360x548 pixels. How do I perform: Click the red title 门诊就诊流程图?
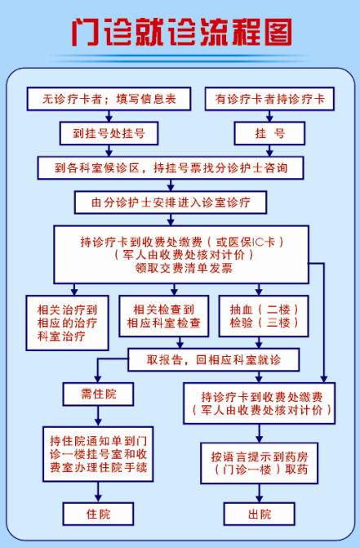pyautogui.click(x=182, y=32)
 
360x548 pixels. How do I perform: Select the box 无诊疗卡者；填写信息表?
pyautogui.click(x=109, y=99)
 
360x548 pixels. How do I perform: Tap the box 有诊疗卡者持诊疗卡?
pyautogui.click(x=269, y=99)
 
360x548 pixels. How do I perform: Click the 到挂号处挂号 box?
pyautogui.click(x=109, y=133)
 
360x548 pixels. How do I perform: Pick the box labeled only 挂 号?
pyautogui.click(x=269, y=133)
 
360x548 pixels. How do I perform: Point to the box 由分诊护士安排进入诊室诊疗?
pyautogui.click(x=171, y=203)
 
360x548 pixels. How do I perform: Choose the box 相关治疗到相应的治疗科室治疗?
pyautogui.click(x=68, y=323)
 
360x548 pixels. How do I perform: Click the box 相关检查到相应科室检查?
pyautogui.click(x=164, y=316)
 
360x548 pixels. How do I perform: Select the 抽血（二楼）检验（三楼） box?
pyautogui.click(x=264, y=316)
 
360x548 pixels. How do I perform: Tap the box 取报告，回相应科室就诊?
pyautogui.click(x=214, y=359)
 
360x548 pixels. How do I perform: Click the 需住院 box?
pyautogui.click(x=98, y=394)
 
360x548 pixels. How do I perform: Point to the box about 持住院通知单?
pyautogui.click(x=98, y=454)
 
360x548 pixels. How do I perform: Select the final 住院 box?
pyautogui.click(x=98, y=514)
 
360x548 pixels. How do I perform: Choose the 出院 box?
pyautogui.click(x=259, y=514)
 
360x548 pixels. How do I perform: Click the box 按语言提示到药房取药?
pyautogui.click(x=259, y=463)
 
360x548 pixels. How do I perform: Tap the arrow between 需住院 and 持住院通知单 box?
pyautogui.click(x=98, y=416)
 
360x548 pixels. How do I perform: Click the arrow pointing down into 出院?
pyautogui.click(x=259, y=493)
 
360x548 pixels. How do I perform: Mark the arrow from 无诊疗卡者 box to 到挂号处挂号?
pyautogui.click(x=109, y=116)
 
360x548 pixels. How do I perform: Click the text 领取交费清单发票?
pyautogui.click(x=184, y=268)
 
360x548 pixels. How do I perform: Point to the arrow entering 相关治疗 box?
pyautogui.click(x=74, y=289)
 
